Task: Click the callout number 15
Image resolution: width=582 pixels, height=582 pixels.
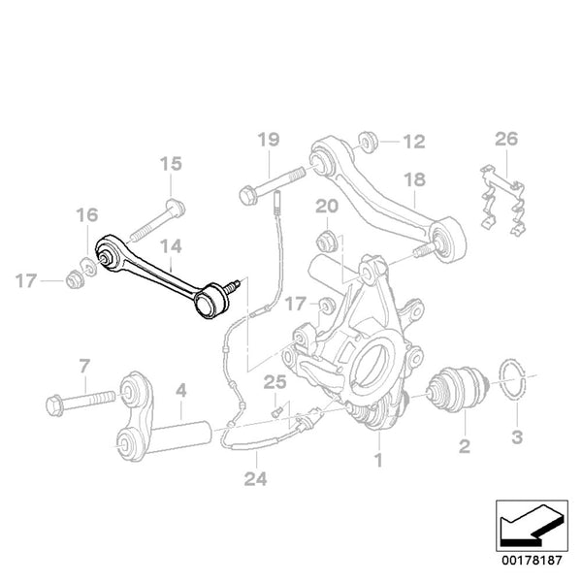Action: point(170,164)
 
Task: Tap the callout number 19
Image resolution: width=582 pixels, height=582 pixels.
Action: point(268,142)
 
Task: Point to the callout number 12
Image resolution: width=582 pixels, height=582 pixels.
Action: point(413,143)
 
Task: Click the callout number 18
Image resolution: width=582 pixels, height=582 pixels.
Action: point(414,179)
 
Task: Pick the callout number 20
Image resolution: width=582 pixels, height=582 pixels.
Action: point(326,206)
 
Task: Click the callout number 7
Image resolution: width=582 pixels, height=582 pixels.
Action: point(84,366)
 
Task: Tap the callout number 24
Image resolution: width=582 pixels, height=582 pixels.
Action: point(254,477)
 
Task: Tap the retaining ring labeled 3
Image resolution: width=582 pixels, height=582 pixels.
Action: point(515,383)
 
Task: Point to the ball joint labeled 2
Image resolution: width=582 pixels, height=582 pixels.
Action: point(456,390)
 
